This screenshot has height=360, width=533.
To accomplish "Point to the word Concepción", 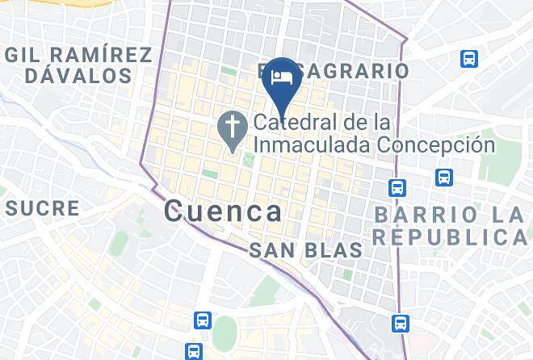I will pyautogui.click(x=435, y=145).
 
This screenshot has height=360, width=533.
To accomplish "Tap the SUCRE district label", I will pyautogui.click(x=43, y=208).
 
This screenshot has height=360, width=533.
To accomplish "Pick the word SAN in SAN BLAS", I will pyautogui.click(x=267, y=251).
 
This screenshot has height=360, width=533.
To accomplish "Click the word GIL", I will pyautogui.click(x=27, y=55).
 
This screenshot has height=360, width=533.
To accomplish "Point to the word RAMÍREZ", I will pyautogui.click(x=100, y=55).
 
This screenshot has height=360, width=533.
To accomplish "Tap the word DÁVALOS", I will pyautogui.click(x=78, y=76).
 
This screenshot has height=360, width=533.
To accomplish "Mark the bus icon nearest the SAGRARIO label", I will pyautogui.click(x=468, y=59).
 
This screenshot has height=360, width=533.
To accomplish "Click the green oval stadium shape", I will pyautogui.click(x=225, y=333).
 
